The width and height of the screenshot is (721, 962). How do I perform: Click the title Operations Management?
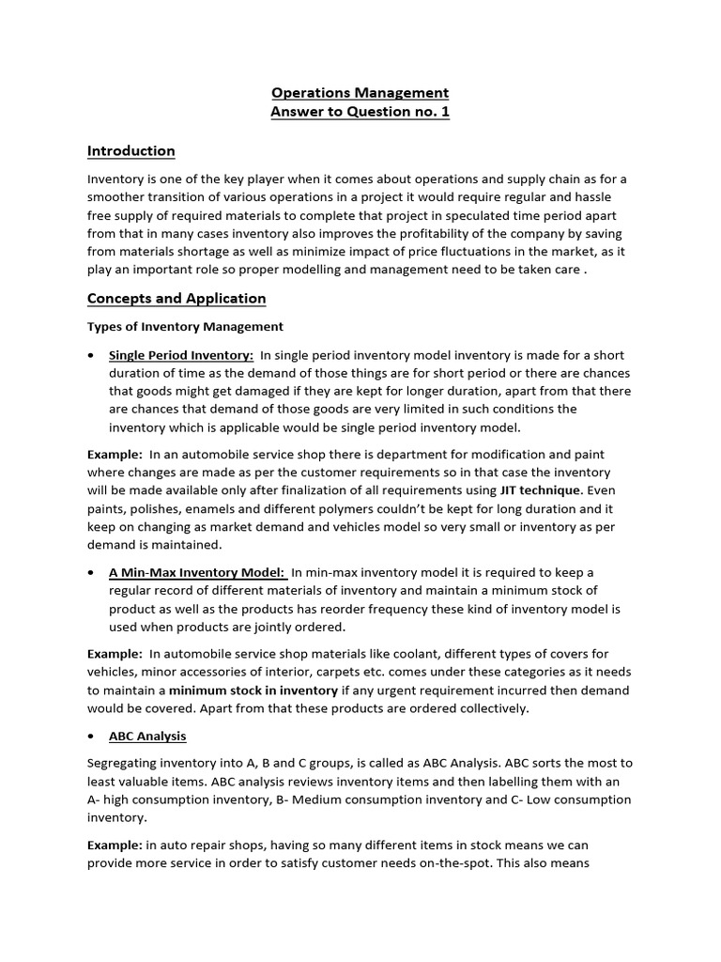click(360, 93)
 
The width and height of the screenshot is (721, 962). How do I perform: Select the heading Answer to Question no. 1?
click(360, 113)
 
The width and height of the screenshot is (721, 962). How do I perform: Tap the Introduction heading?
click(130, 151)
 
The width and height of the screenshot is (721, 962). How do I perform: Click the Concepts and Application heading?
click(176, 299)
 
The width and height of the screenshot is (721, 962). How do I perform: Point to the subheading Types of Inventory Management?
click(185, 327)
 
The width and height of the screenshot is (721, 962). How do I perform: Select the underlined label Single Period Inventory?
click(181, 355)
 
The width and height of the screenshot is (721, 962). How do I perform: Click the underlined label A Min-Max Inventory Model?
click(198, 572)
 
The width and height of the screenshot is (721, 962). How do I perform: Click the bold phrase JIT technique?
click(541, 490)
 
